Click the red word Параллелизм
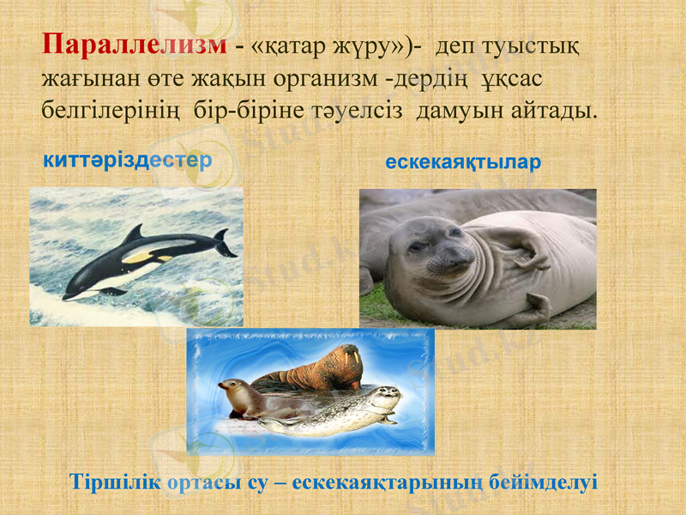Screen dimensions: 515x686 coord(135,45)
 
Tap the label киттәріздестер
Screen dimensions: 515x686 coord(128,161)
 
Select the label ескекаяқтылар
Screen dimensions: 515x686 coord(463,161)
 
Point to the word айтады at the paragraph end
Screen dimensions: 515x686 coord(551,111)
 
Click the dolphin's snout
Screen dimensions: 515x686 coord(68,296)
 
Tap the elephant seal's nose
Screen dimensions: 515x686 coord(452,254)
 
